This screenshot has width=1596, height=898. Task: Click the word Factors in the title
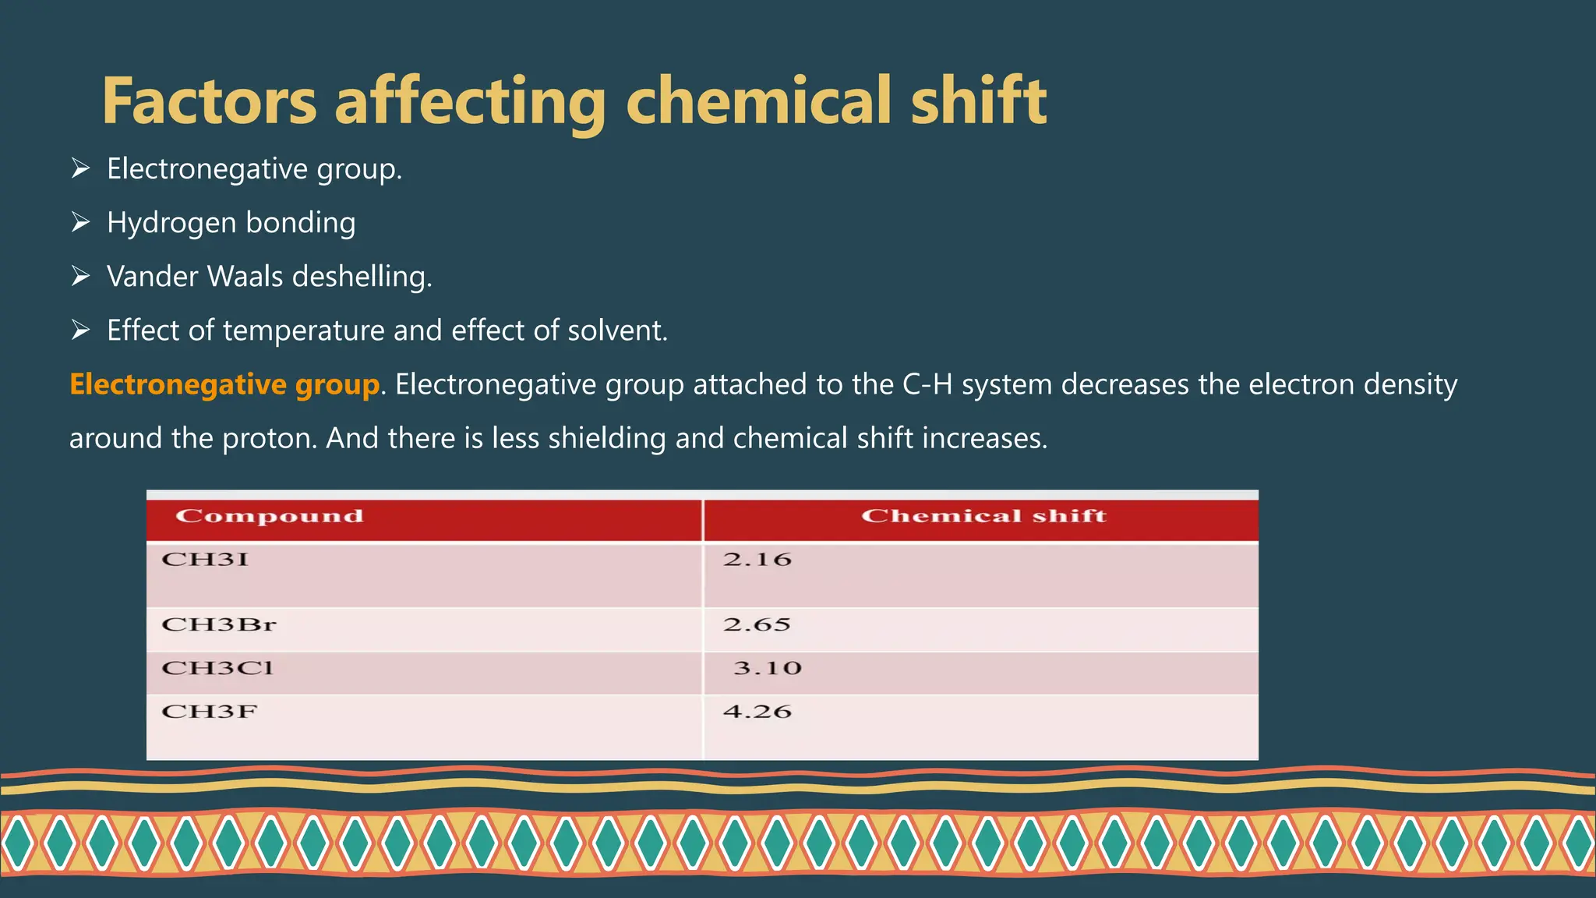(209, 101)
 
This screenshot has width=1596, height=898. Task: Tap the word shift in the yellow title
(979, 101)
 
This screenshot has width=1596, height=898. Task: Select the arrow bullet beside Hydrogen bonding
(80, 222)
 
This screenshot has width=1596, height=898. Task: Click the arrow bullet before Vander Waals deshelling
(80, 276)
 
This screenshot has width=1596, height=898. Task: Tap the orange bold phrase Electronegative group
(224, 384)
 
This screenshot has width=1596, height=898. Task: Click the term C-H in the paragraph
(927, 384)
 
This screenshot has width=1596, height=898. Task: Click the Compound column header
(270, 516)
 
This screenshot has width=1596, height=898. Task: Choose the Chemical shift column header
(983, 516)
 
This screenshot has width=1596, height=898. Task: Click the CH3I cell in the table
(205, 560)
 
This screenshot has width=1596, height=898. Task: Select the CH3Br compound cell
(219, 624)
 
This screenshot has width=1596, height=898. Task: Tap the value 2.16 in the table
(757, 560)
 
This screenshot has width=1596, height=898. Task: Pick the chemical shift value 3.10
(767, 668)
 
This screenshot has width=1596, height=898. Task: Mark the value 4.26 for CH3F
(757, 712)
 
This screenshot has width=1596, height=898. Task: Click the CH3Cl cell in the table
(217, 668)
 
